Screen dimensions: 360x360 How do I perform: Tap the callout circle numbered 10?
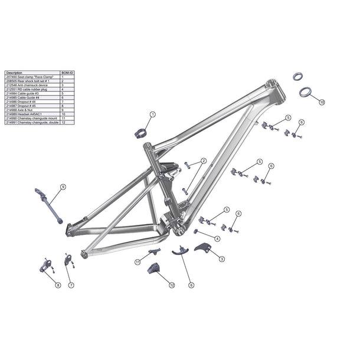(x=322, y=102)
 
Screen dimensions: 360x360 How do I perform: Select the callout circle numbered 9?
(x=63, y=186)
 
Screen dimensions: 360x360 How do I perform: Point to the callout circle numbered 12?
(x=172, y=285)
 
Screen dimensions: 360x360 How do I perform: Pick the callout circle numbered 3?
(x=222, y=258)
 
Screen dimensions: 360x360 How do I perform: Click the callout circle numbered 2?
(x=204, y=161)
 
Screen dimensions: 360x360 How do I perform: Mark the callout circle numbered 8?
(x=58, y=286)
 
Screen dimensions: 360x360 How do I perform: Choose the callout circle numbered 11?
(x=138, y=261)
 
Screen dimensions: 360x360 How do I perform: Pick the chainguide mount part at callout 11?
(x=155, y=252)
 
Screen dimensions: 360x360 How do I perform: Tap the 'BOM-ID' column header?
(x=67, y=73)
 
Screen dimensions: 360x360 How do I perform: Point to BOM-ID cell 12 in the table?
(x=63, y=122)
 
